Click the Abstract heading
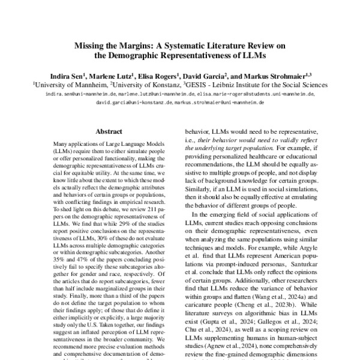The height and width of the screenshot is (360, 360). [109, 130]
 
